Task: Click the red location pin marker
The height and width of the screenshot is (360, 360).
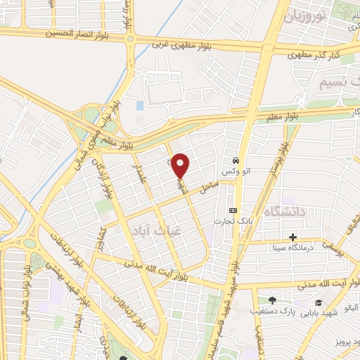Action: pos(181,165)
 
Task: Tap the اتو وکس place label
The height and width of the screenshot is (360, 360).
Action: pos(236,172)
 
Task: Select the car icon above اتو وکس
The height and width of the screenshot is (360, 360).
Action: pos(236,159)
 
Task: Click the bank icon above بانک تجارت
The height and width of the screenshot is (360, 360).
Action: pos(233,211)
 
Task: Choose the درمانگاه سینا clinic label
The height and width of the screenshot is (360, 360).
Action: pos(293,247)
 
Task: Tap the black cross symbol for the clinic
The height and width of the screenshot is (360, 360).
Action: pos(293,236)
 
